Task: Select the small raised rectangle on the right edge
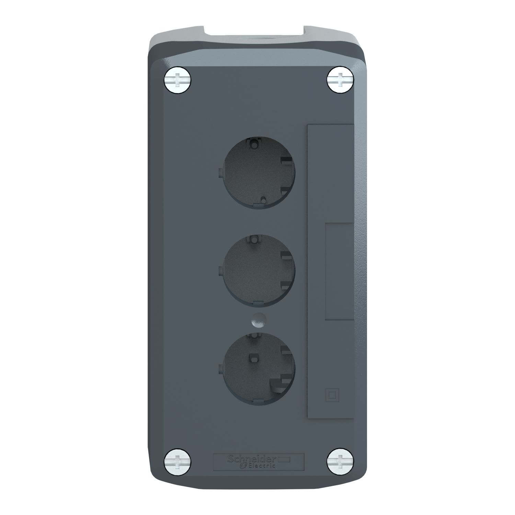pyautogui.click(x=339, y=271)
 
